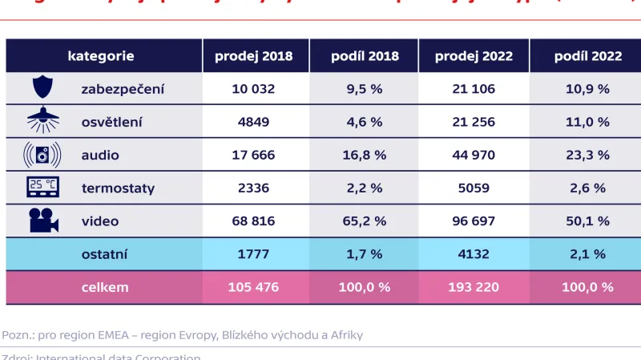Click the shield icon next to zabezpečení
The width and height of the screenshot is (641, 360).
coord(42,87)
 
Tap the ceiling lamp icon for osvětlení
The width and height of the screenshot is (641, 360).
coord(42,121)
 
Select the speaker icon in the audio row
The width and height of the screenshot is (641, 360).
coord(42,155)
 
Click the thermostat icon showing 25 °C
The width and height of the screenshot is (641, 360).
coord(42,188)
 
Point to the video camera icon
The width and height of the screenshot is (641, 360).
coord(42,220)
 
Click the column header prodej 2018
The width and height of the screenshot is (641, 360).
coord(253,56)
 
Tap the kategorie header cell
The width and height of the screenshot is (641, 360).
coord(101,56)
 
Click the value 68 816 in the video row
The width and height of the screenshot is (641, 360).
coord(253,220)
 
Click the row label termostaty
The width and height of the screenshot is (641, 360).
coord(118,188)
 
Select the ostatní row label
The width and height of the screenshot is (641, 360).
coord(105,253)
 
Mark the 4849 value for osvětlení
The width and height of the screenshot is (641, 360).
coord(253,122)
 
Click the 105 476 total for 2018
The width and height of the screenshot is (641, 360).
coord(253,286)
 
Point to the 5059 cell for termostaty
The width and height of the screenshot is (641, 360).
coord(474,188)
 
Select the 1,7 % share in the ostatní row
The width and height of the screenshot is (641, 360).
coord(365,253)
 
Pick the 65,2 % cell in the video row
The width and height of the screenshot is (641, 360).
coord(365,220)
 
